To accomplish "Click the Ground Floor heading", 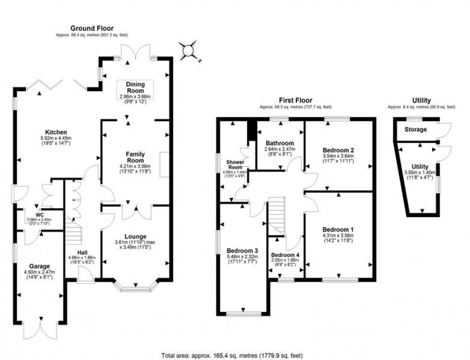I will coord(92,29).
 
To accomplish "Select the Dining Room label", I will coord(135,87).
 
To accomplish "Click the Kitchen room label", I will coord(56,132).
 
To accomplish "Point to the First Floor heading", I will coord(296,101).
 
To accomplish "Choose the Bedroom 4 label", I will coord(285,255).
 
